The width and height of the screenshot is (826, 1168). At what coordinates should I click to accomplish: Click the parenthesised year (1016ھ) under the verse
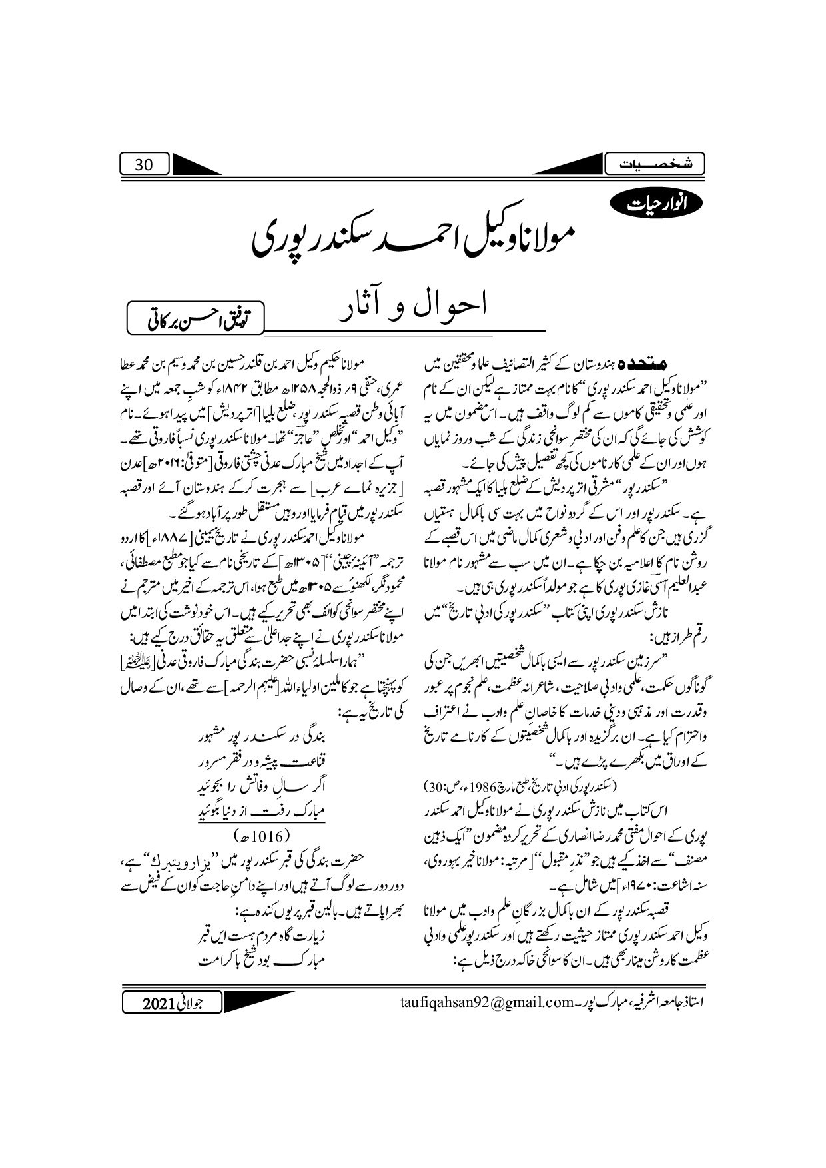pyautogui.click(x=260, y=834)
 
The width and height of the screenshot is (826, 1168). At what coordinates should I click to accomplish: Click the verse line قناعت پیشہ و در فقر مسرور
pyautogui.click(x=265, y=776)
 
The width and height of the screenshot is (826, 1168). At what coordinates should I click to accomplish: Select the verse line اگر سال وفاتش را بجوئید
pyautogui.click(x=265, y=796)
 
